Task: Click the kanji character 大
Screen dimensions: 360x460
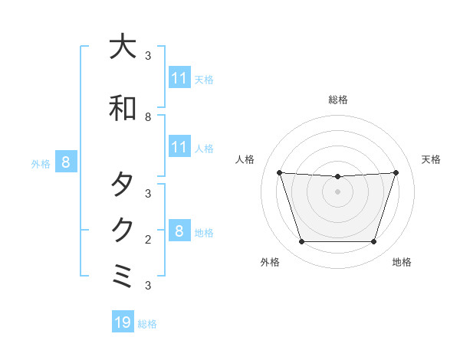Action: [x=123, y=47]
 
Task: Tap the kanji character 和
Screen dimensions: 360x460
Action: [x=123, y=108]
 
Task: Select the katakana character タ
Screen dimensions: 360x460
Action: [x=123, y=185]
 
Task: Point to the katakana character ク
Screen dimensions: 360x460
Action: [x=123, y=230]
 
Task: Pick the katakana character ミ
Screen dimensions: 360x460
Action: [x=123, y=277]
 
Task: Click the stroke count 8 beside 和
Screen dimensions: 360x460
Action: [x=148, y=117]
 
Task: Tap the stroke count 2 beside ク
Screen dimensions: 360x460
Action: [x=148, y=239]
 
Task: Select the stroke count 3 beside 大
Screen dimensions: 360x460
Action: [x=148, y=56]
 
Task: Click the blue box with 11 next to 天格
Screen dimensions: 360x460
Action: [x=179, y=78]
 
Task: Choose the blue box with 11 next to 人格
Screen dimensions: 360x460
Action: [x=179, y=147]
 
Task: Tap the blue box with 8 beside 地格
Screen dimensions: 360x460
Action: [x=179, y=231]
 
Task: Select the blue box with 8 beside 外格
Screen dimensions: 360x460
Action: [x=66, y=162]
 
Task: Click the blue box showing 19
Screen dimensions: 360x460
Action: [x=123, y=322]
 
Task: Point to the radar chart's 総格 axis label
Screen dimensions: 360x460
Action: [x=337, y=100]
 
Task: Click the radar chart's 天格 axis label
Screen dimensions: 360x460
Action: [x=432, y=159]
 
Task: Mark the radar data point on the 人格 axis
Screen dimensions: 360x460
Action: [x=279, y=172]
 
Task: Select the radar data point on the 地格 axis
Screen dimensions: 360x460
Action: [x=373, y=242]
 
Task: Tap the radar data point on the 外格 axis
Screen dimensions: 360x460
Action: [x=301, y=242]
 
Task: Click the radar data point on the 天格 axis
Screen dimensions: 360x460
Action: [x=396, y=172]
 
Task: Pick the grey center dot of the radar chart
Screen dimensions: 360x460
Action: [x=337, y=191]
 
